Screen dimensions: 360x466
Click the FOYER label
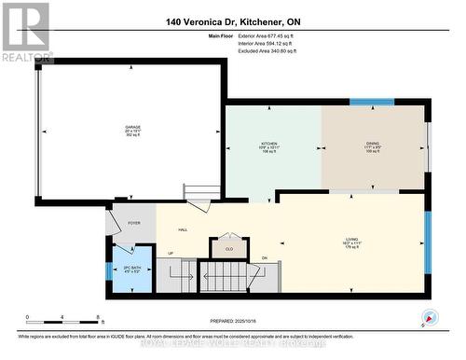[134, 224]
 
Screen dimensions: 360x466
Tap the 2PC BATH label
[131, 271]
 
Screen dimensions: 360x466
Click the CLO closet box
[229, 249]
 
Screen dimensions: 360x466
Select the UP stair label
[170, 253]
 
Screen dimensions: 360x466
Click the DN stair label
[265, 257]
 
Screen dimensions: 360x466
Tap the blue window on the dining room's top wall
[371, 101]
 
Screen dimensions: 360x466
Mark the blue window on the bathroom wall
[109, 272]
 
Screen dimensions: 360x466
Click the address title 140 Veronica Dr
[232, 21]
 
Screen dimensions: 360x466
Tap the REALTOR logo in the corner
[26, 30]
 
